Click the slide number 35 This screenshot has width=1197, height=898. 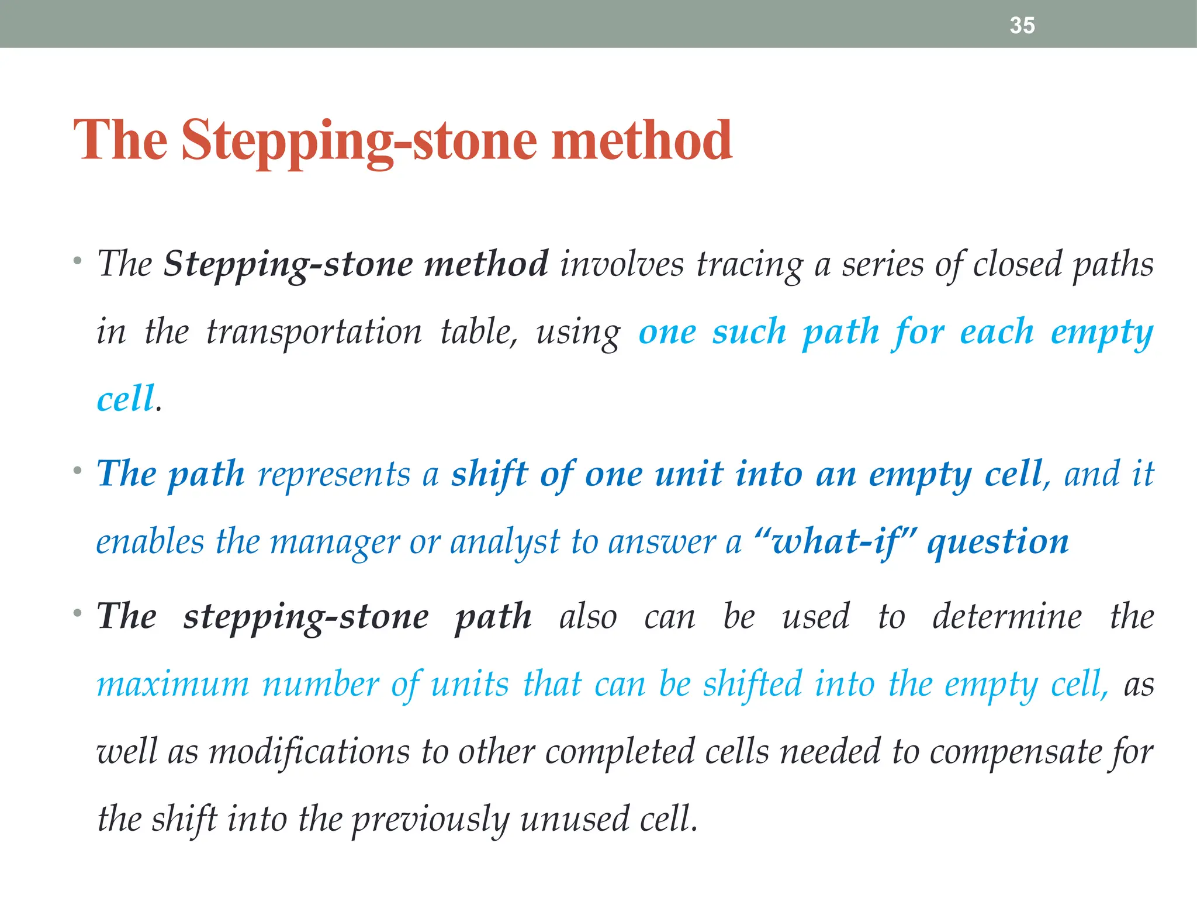tap(1022, 26)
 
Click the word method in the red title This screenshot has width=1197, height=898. tap(641, 140)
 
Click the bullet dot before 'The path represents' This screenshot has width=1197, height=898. tap(77, 470)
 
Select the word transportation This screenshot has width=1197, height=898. tap(313, 332)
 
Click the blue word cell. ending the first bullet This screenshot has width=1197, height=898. tap(126, 399)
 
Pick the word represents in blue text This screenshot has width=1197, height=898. tap(334, 474)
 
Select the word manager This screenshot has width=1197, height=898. tap(335, 543)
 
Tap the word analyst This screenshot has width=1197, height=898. tap(504, 543)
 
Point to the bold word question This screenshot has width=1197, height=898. tap(998, 543)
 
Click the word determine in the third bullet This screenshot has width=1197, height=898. tap(1006, 617)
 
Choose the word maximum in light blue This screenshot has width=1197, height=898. tap(172, 685)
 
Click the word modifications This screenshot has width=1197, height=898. tap(309, 752)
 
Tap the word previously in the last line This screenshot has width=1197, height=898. tap(430, 820)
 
